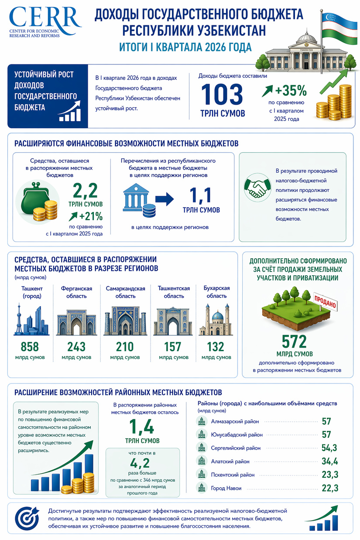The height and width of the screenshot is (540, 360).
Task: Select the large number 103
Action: (222, 95)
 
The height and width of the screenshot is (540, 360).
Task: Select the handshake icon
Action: (256, 188)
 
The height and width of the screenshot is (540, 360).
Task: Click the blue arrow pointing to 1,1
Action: (165, 199)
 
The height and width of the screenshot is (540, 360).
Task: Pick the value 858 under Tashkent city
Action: (30, 347)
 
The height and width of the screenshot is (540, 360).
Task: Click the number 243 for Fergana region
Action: (76, 347)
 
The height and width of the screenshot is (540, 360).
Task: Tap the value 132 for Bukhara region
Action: (216, 347)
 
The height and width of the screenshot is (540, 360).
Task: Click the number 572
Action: (294, 341)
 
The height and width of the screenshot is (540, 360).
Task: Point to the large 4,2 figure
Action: (142, 463)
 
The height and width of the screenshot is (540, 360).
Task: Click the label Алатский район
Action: (230, 461)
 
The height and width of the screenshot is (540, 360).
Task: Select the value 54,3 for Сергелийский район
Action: (330, 448)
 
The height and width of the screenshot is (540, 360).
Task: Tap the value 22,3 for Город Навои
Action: (330, 488)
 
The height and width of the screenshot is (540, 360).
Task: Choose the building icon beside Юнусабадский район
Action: (202, 434)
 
